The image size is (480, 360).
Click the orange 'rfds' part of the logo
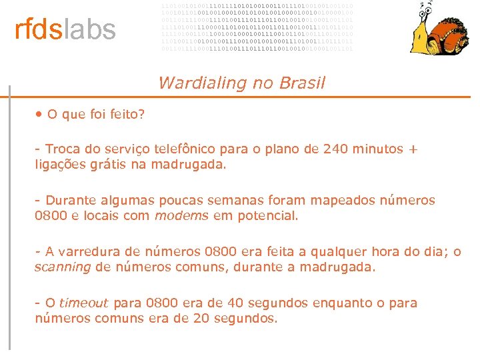point(39,29)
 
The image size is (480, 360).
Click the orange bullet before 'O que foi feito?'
point(39,114)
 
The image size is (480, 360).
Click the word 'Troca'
point(63,149)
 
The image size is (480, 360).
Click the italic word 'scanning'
point(63,267)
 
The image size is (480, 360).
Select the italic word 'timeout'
point(83,303)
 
